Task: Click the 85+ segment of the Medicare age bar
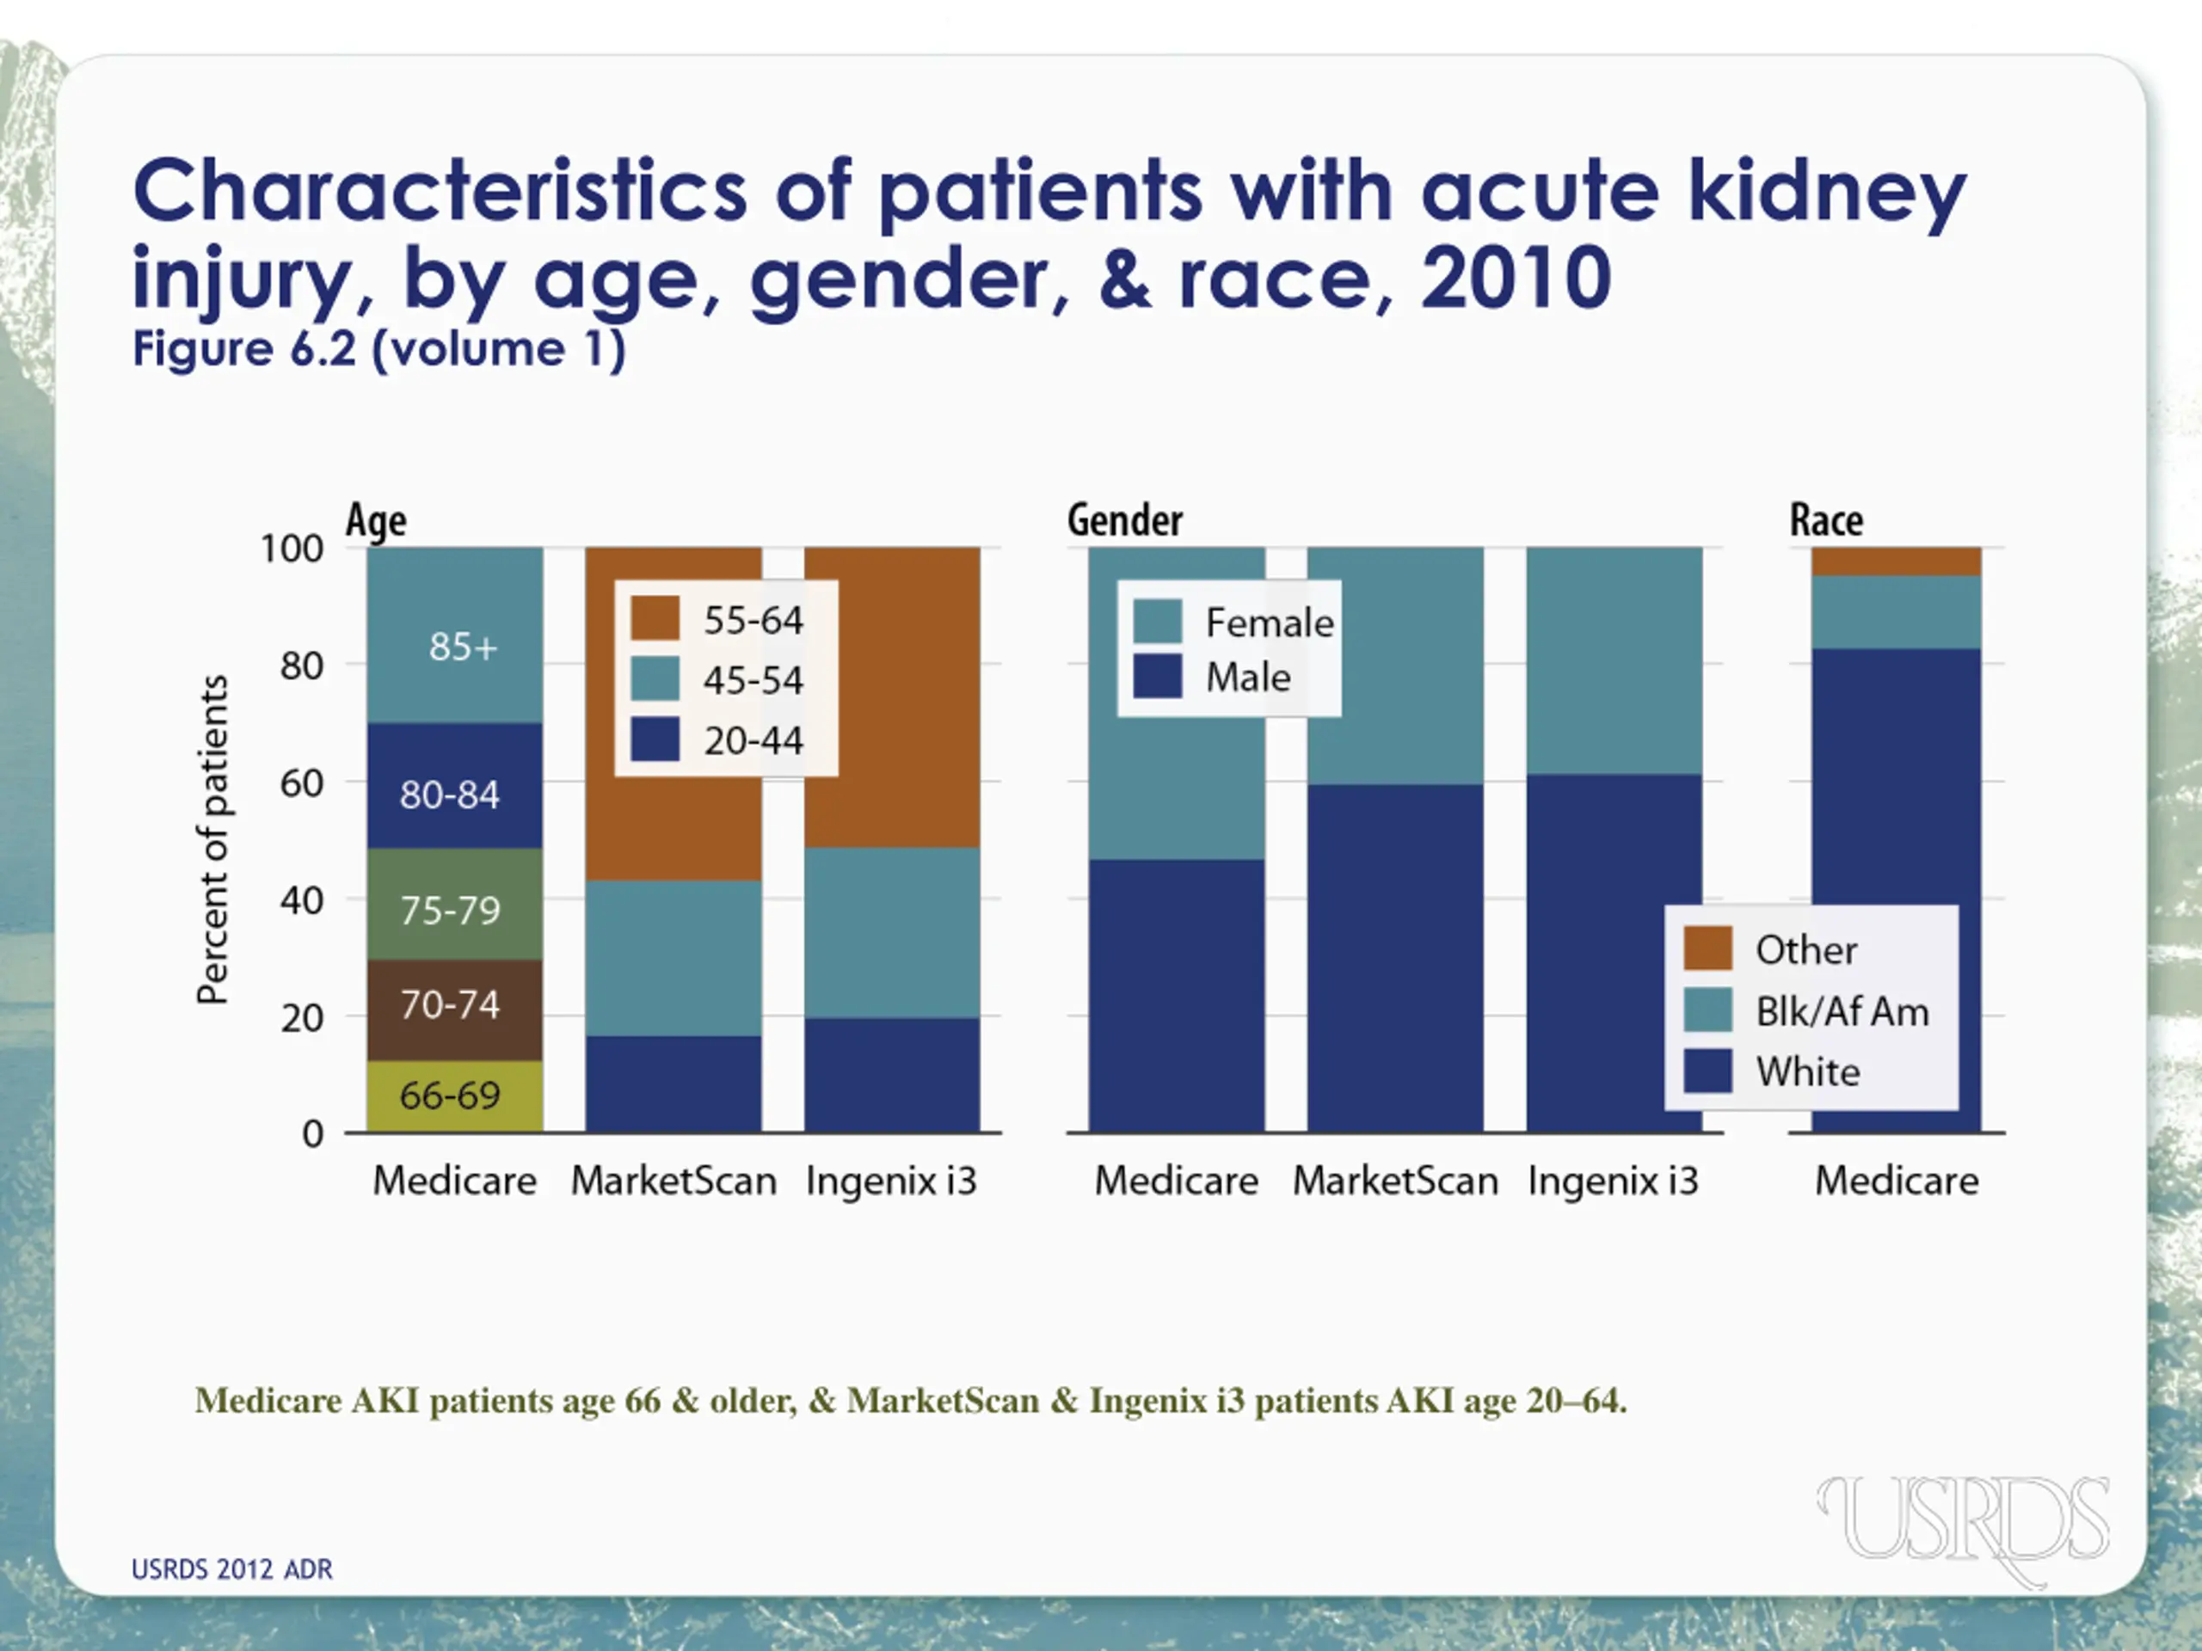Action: pyautogui.click(x=455, y=637)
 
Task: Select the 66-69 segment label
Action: pyautogui.click(x=450, y=1096)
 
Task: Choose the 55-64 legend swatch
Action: pyautogui.click(x=655, y=619)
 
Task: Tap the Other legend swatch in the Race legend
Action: pyautogui.click(x=1707, y=948)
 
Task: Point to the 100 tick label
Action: pyautogui.click(x=291, y=549)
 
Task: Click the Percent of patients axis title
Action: pyautogui.click(x=213, y=839)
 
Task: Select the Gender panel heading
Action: pyautogui.click(x=1125, y=520)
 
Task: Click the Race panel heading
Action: pyautogui.click(x=1826, y=520)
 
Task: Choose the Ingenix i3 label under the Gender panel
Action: pyautogui.click(x=1613, y=1181)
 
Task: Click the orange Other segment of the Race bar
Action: pyautogui.click(x=1896, y=562)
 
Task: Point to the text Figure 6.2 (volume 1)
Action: pyautogui.click(x=379, y=349)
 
